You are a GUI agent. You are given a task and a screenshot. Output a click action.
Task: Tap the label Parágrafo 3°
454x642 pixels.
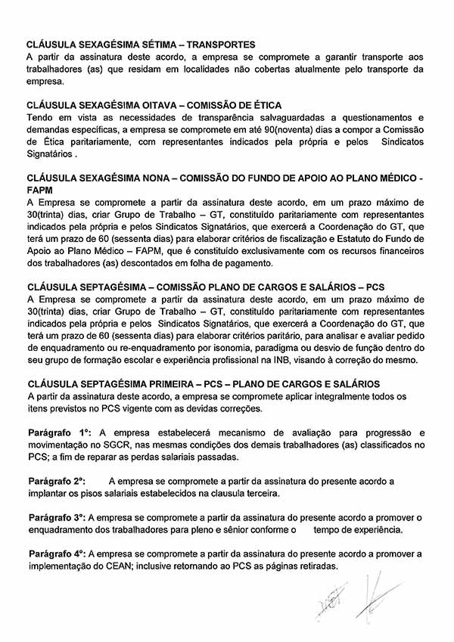57,517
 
